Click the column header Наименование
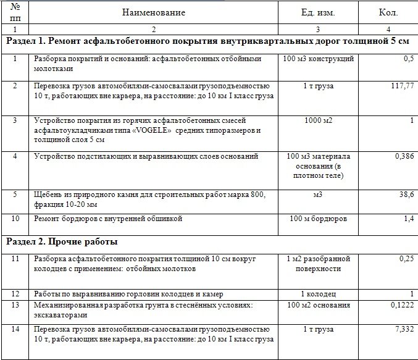(153, 12)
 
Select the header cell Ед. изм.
(317, 12)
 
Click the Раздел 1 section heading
(207, 41)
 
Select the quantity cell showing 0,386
(402, 157)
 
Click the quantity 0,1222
(400, 305)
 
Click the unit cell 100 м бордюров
(317, 219)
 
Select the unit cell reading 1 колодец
(317, 293)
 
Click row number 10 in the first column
(15, 219)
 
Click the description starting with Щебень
(150, 199)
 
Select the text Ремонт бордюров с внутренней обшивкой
(108, 219)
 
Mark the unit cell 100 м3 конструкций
(317, 59)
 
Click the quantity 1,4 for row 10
(408, 219)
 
